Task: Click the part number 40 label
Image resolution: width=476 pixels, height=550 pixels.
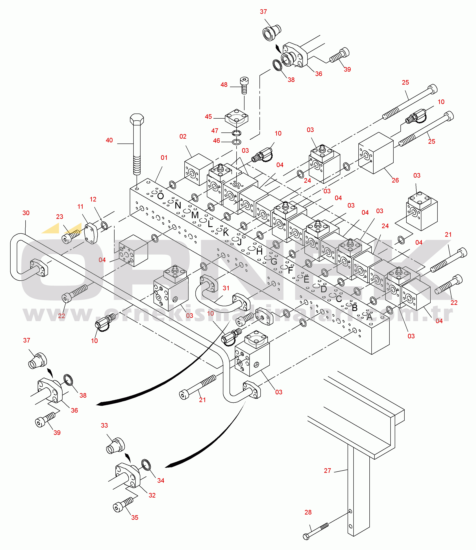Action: click(x=109, y=140)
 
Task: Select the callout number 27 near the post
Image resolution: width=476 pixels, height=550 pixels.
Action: click(x=327, y=471)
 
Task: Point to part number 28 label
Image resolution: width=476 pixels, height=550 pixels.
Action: click(x=308, y=512)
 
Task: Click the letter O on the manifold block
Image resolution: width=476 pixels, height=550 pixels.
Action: click(x=160, y=196)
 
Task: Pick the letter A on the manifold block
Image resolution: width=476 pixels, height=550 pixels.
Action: click(x=369, y=317)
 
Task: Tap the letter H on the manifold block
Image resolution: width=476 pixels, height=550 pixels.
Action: click(x=259, y=252)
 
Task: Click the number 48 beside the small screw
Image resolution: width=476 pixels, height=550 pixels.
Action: click(x=224, y=85)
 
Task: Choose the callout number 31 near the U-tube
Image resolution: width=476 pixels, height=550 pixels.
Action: click(x=226, y=288)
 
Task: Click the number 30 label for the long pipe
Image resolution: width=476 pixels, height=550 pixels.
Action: click(x=26, y=213)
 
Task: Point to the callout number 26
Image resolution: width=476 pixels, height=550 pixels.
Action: click(x=395, y=180)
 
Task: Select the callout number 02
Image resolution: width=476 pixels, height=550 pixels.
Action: click(x=183, y=137)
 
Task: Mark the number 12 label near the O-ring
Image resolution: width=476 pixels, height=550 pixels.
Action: click(x=93, y=199)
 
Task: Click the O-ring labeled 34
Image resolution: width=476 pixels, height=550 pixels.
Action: click(x=146, y=465)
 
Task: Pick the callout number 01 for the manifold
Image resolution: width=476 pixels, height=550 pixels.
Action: click(x=164, y=158)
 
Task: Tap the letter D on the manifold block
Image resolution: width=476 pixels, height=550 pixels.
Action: click(x=324, y=289)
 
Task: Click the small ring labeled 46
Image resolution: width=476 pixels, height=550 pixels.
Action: click(x=236, y=142)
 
